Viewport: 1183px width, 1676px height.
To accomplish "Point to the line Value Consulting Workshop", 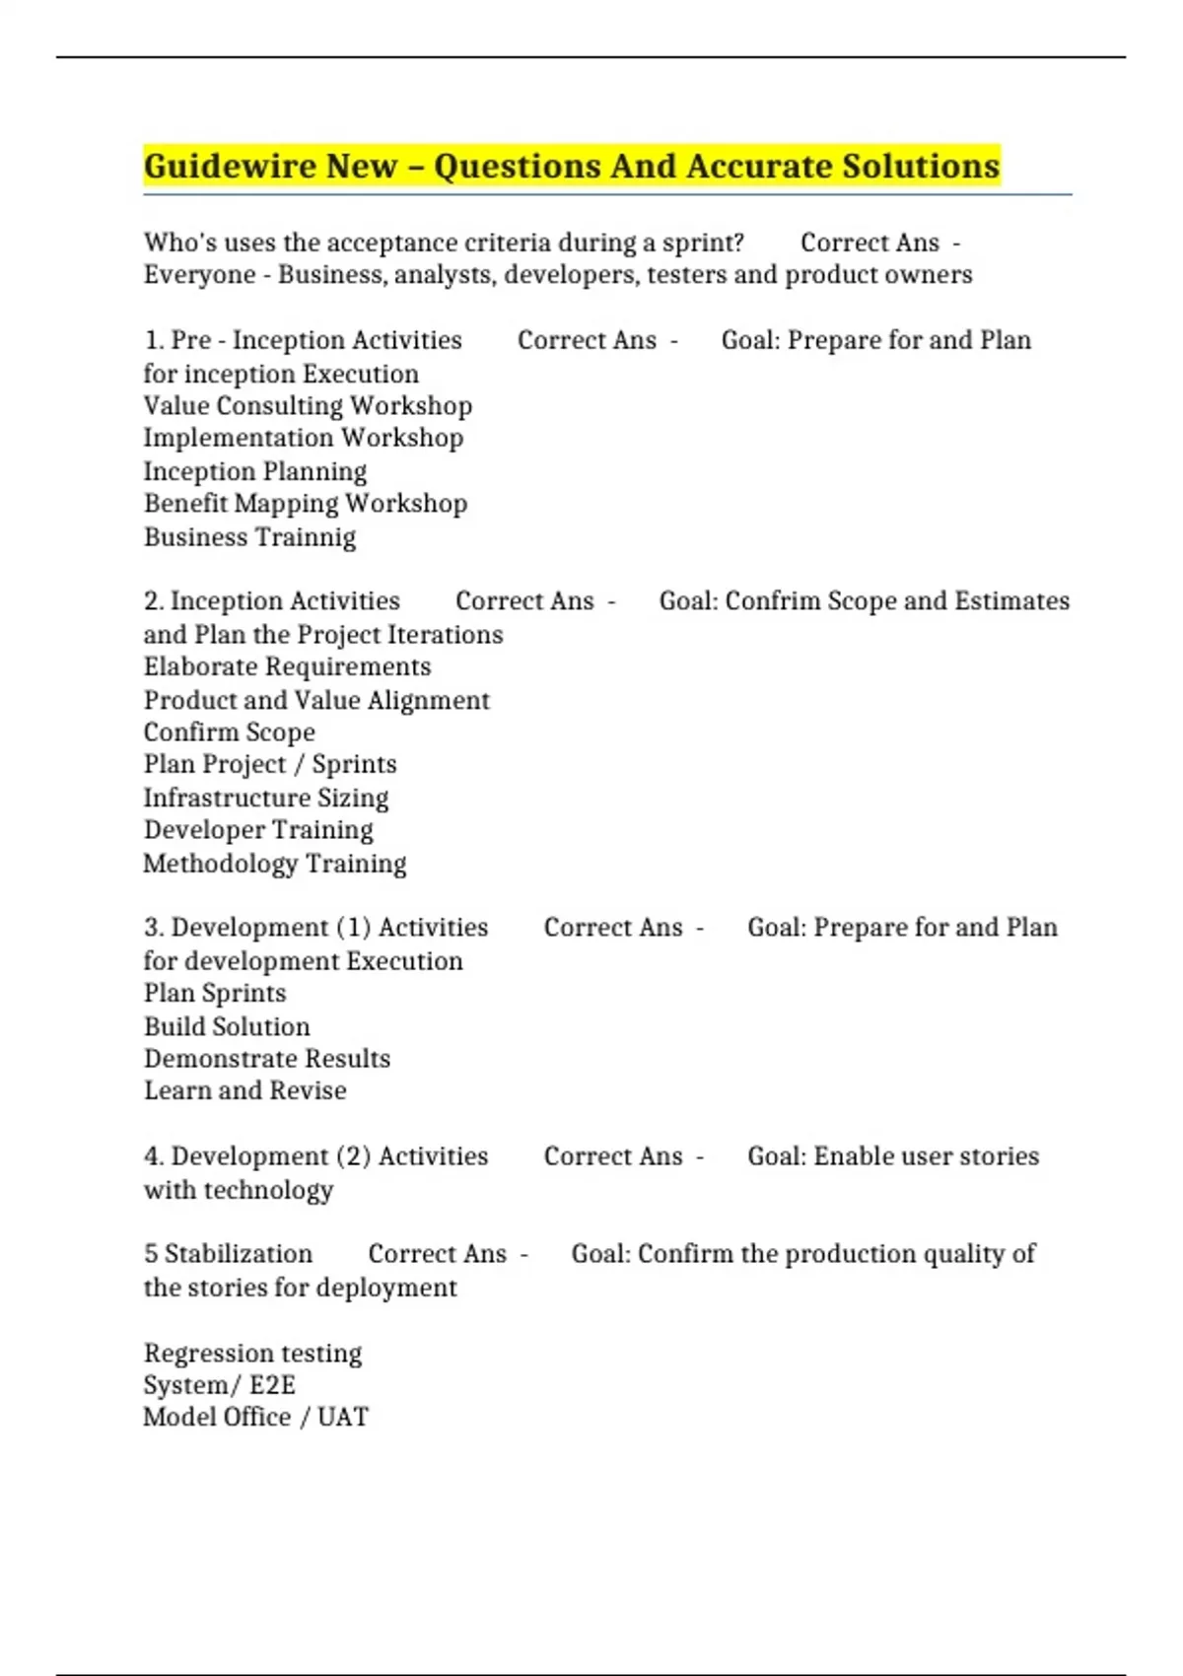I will (308, 406).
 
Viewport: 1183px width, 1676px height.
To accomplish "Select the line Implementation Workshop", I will (304, 438).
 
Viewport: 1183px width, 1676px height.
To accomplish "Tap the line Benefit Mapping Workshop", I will (306, 504).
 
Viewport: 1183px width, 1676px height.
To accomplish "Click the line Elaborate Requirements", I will (287, 667).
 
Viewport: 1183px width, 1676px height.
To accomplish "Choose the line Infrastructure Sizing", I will (266, 798).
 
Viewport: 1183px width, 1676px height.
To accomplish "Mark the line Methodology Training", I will (275, 864).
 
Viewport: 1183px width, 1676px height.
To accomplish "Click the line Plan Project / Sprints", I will (270, 765).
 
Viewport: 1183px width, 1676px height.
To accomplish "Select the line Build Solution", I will (227, 1027).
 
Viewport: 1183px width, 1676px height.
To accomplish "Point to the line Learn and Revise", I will (245, 1091).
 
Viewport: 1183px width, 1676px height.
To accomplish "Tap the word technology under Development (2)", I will (268, 1191).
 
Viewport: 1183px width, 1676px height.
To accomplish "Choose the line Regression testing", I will (252, 1354).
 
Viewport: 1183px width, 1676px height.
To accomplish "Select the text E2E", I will (272, 1385).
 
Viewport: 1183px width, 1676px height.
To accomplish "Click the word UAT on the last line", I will (343, 1418).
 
